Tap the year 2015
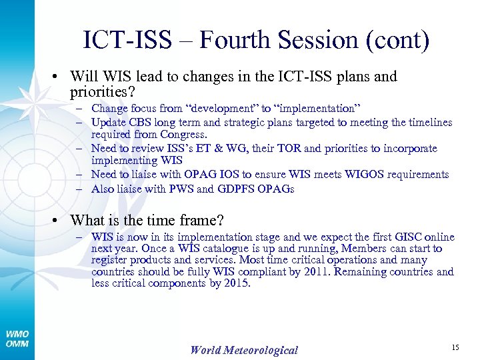pos(237,283)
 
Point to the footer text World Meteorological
pos(244,350)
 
